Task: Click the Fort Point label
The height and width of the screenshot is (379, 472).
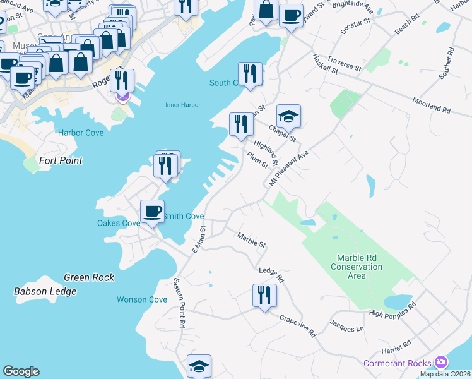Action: [61, 160]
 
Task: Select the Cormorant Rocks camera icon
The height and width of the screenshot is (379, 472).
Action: [441, 363]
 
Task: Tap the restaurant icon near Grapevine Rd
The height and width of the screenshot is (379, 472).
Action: [264, 296]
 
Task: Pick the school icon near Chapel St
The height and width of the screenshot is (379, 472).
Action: [288, 117]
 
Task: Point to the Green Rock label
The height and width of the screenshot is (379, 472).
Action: [89, 277]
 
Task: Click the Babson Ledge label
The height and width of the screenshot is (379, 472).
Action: [45, 291]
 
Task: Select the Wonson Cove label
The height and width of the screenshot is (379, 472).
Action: [142, 299]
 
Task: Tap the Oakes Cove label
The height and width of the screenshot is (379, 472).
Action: [119, 223]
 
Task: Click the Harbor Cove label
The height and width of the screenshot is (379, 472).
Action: [81, 133]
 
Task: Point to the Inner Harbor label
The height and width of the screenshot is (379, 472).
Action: [182, 105]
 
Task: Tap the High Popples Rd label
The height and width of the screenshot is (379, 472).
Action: [393, 309]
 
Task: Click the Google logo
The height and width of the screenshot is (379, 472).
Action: [21, 371]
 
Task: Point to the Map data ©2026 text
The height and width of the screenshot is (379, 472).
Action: [445, 374]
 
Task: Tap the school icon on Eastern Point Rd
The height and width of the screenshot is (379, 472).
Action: [199, 366]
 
